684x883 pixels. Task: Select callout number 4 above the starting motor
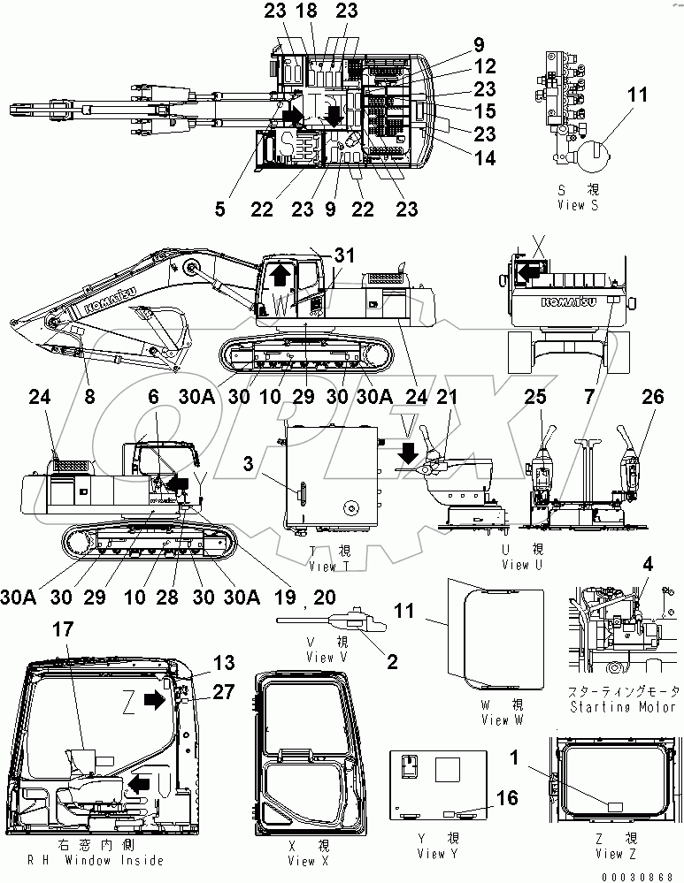[x=648, y=564]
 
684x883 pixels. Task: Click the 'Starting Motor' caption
[x=625, y=706]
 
